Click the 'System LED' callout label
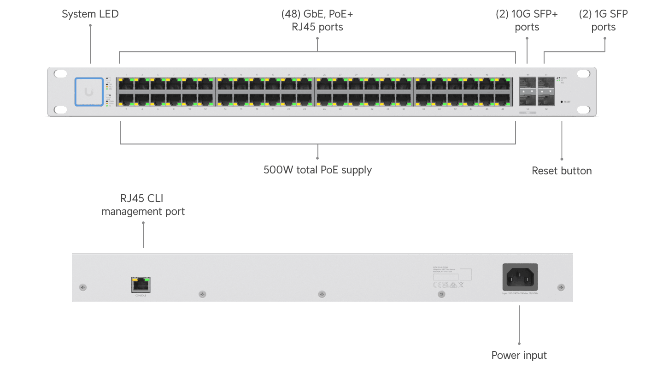(90, 14)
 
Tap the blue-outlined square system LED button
(89, 92)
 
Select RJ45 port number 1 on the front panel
(126, 84)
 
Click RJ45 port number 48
(503, 99)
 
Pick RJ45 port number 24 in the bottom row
(305, 99)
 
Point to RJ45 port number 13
(225, 84)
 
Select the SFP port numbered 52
(546, 100)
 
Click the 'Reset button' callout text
(562, 171)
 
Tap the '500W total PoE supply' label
(317, 170)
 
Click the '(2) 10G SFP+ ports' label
(527, 21)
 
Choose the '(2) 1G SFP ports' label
(603, 21)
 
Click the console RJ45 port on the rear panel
(141, 285)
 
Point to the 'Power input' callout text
(519, 355)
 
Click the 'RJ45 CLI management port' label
(143, 205)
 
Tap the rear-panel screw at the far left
(83, 287)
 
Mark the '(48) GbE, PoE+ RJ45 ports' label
(317, 21)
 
